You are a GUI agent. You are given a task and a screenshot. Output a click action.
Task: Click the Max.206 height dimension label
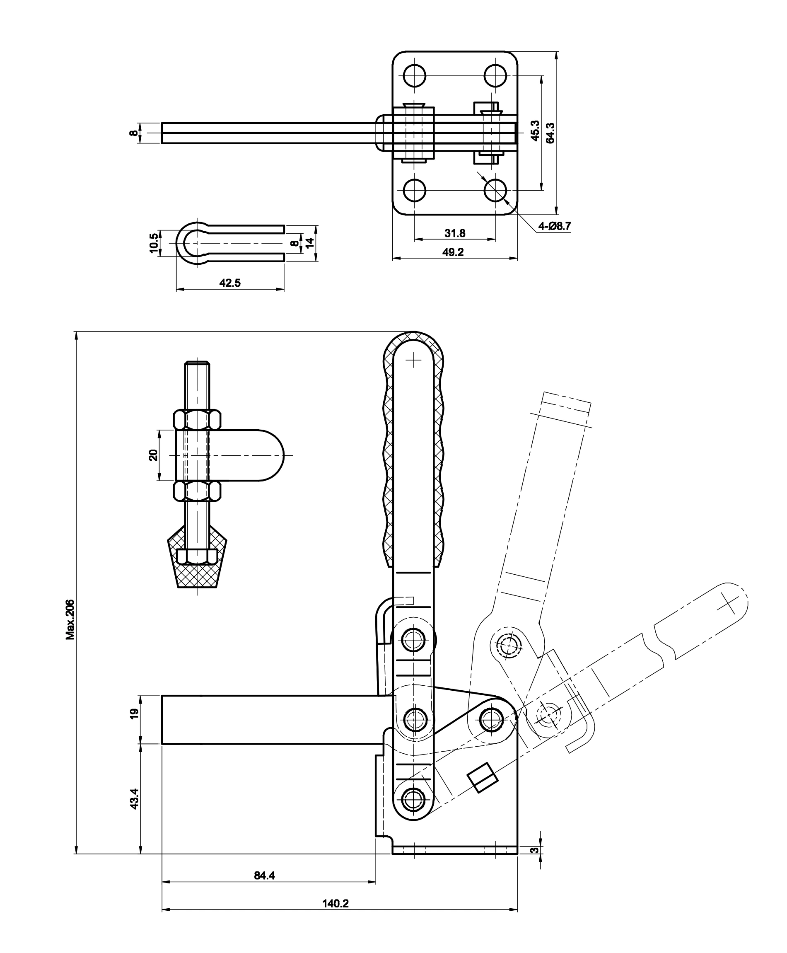click(x=70, y=620)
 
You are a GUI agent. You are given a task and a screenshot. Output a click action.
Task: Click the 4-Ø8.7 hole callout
click(x=553, y=226)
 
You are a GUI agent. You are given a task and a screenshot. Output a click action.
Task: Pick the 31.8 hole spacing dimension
click(x=455, y=234)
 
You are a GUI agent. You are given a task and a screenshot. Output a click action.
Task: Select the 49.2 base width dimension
click(x=453, y=252)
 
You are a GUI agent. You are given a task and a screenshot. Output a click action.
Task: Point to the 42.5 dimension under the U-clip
click(x=230, y=283)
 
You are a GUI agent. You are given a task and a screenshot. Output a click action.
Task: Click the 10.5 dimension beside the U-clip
click(x=154, y=243)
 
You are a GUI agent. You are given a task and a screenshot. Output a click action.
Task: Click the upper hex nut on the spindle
click(x=197, y=420)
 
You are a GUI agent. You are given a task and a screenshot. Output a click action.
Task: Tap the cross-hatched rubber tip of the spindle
click(x=197, y=573)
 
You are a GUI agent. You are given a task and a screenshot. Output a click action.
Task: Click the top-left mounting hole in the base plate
click(x=414, y=75)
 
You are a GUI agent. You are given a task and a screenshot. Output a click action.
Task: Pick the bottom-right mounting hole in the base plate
click(x=495, y=190)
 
